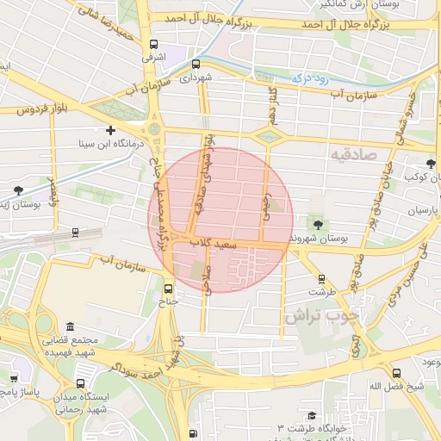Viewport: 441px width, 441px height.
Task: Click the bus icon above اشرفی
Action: tap(153, 45)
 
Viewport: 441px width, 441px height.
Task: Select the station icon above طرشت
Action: tap(321, 279)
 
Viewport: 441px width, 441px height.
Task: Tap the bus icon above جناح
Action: tap(169, 289)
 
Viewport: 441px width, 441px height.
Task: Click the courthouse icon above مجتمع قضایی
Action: tap(70, 326)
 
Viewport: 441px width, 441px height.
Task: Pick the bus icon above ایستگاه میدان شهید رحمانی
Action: tap(80, 383)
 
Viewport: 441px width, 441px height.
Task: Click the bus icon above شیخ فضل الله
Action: tap(396, 373)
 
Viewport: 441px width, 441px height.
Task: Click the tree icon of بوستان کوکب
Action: tap(431, 163)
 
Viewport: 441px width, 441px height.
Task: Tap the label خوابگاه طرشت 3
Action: tap(312, 428)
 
